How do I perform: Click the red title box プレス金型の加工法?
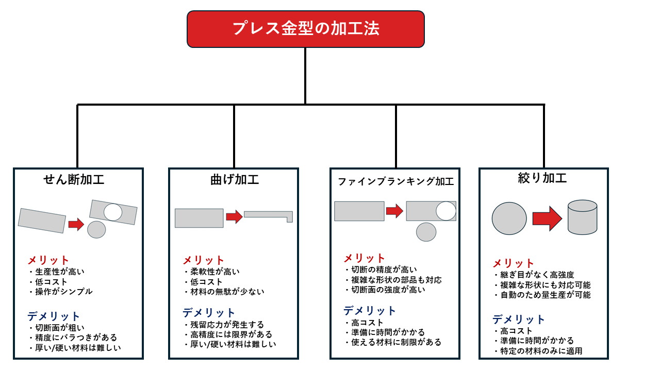point(305,29)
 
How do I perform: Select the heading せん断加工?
point(74,180)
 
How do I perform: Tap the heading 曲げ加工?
point(235,180)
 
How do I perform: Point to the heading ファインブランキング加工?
point(395,181)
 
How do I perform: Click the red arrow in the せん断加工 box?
point(76,224)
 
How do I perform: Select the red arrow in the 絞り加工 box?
point(547,218)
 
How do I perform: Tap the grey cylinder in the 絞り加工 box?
point(582,217)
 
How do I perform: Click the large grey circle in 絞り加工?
point(509,218)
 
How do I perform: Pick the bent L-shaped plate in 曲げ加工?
point(268,215)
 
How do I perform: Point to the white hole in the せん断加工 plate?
point(113,212)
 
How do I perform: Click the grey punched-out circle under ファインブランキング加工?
point(426,232)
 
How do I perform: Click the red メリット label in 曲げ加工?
point(203,260)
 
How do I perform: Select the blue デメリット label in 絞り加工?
point(518,319)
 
